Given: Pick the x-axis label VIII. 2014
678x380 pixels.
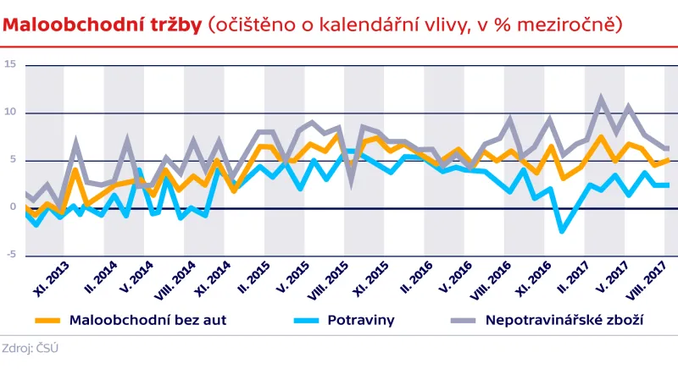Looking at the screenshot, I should pyautogui.click(x=177, y=277).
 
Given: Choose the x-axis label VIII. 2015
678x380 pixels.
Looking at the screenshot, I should pyautogui.click(x=335, y=277).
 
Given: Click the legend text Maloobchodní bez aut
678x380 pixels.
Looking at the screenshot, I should pyautogui.click(x=147, y=321).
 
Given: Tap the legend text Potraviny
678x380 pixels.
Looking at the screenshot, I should pyautogui.click(x=361, y=321).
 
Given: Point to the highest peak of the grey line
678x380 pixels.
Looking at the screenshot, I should pyautogui.click(x=601, y=99).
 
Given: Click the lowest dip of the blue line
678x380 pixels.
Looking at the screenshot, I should pyautogui.click(x=561, y=230).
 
